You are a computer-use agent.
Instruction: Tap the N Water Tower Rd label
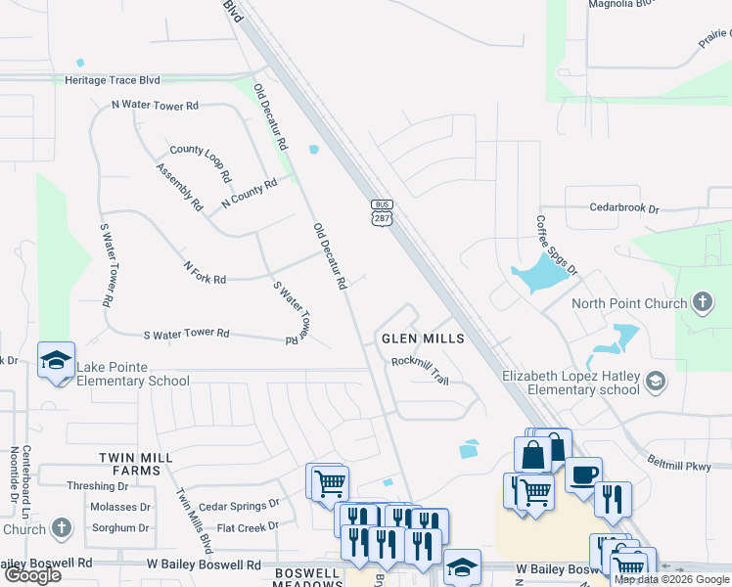pos(155,105)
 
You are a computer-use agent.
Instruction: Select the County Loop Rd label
pos(201,162)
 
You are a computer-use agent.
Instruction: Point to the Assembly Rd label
pos(179,187)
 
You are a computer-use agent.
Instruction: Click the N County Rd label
pos(250,193)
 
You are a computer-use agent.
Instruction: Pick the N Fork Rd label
pos(205,273)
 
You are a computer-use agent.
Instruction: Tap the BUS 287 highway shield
pos(382,211)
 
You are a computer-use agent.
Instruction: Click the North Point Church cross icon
pos(703,302)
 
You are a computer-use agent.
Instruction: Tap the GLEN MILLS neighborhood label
pos(422,339)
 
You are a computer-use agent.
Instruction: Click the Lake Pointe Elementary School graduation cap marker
pos(56,360)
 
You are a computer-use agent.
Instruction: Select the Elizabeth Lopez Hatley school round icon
pos(656,382)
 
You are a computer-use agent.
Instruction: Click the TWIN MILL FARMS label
pos(135,464)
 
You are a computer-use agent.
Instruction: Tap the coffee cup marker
pos(583,474)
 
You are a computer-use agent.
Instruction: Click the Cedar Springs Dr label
pos(239,506)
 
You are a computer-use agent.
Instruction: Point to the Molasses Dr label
pos(119,507)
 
